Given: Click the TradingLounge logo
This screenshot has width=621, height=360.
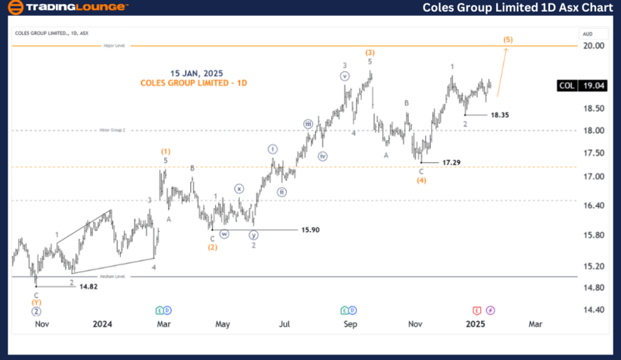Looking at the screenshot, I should coord(67,8).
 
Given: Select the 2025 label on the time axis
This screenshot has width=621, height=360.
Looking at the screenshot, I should coord(475,323).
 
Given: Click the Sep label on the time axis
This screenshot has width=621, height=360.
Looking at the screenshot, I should coord(351,323).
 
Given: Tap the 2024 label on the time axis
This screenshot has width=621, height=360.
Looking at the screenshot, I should coord(102,323).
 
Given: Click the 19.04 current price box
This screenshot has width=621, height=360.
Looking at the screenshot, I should coord(595,86).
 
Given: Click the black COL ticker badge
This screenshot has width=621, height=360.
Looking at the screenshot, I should coord(567,86).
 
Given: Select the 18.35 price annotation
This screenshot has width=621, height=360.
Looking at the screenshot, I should coord(500,115).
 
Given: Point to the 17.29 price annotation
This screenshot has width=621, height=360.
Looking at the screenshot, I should coord(451,162).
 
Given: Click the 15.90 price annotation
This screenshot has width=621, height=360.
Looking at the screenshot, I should coord(310,230).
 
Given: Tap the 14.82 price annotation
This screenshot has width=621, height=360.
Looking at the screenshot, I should coord(88,286).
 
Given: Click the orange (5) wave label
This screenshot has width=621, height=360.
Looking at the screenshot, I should coord(508,39).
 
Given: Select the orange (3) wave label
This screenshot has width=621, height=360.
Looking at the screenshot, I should coord(370,52).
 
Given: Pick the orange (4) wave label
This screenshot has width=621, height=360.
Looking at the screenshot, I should coord(421,181).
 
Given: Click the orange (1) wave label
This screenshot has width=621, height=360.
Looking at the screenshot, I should coord(166,151).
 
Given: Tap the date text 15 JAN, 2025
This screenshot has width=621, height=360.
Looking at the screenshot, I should coord(197,73).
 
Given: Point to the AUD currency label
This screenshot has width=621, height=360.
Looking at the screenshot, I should coord(588,33).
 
